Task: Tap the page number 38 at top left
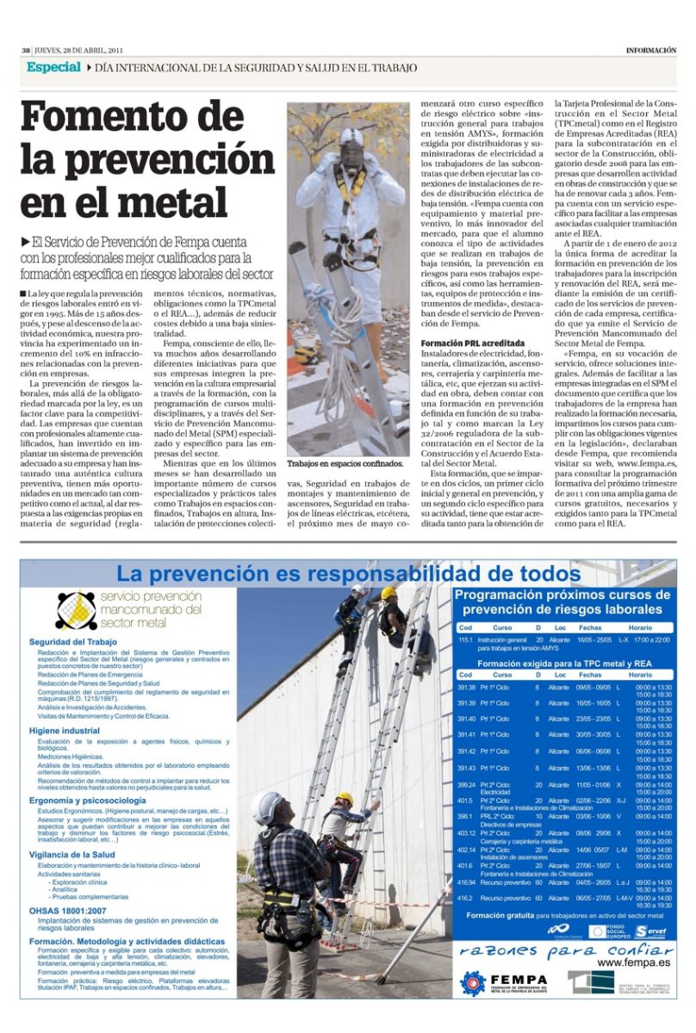click(26, 50)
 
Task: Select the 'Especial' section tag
click(53, 67)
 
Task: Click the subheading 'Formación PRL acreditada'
click(472, 343)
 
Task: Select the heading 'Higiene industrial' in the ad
click(64, 731)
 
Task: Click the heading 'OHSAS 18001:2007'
click(67, 910)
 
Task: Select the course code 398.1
click(467, 816)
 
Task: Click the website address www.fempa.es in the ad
click(634, 962)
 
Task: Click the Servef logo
click(653, 931)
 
